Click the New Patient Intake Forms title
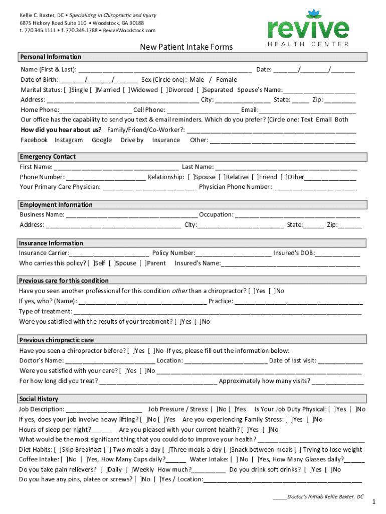186,47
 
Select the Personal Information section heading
51,57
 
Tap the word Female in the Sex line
226,80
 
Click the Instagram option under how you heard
69,140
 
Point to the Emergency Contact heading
48,157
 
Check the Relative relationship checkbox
224,177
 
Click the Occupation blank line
297,215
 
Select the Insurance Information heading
51,243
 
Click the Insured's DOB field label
294,253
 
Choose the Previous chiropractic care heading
57,340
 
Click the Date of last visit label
293,361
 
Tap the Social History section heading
39,399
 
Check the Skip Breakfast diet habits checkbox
57,450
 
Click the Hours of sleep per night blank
102,430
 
